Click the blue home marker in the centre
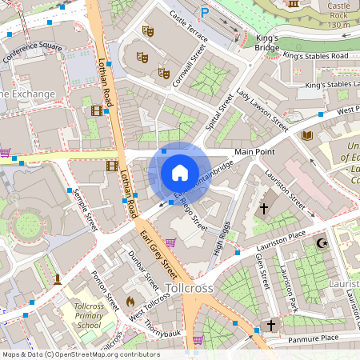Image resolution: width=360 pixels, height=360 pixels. click(180, 173)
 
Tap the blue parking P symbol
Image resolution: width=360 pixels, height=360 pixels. click(205, 13)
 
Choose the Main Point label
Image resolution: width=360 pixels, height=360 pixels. click(254, 152)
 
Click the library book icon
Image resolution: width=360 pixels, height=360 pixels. click(306, 135)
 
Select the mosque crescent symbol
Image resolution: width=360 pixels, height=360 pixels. click(322, 242)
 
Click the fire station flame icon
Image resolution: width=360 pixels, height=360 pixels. click(130, 302)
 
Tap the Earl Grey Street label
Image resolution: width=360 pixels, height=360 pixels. click(158, 250)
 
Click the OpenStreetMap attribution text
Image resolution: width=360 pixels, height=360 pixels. click(81, 354)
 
